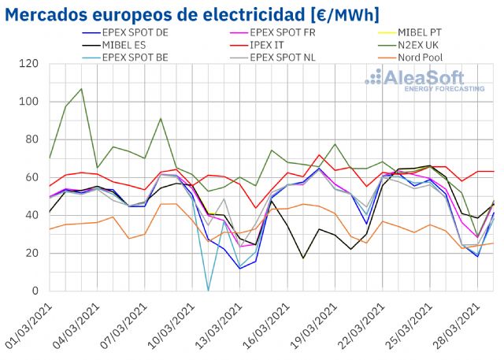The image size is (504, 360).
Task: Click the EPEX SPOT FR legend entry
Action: coord(283,33)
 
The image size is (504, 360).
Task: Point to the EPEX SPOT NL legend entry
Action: coord(283,57)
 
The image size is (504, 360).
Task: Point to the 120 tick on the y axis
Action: coord(30,64)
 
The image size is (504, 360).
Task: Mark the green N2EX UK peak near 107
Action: coord(81,89)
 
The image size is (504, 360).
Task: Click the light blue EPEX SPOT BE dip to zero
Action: coord(209,290)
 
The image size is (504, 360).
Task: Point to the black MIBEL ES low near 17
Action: coord(303,258)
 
